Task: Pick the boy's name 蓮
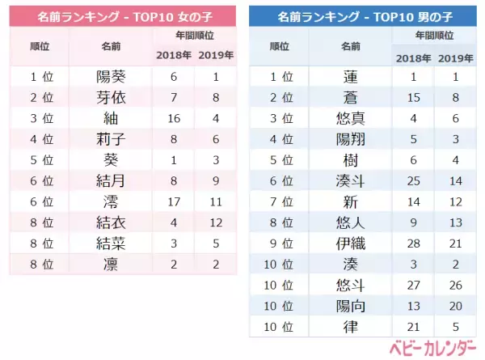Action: coord(351,77)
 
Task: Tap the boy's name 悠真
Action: coord(351,118)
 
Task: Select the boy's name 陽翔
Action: coord(351,139)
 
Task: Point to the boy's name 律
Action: coord(351,327)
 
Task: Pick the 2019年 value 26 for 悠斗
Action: coord(457,286)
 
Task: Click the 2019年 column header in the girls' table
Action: coord(215,55)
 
